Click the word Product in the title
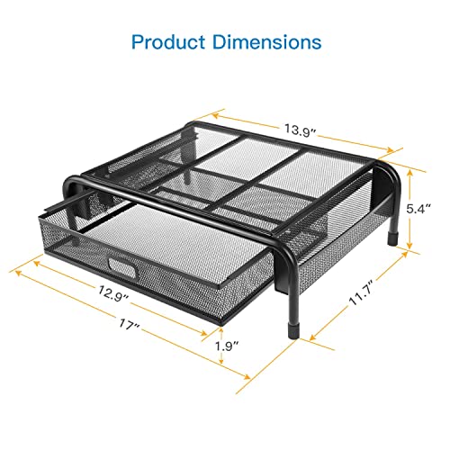click(x=168, y=41)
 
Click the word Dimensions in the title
click(x=267, y=41)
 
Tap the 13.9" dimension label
click(x=301, y=130)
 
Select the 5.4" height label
click(x=418, y=209)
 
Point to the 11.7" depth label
click(x=361, y=292)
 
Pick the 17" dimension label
click(x=130, y=325)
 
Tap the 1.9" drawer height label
click(x=227, y=346)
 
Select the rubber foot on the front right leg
click(x=292, y=330)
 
